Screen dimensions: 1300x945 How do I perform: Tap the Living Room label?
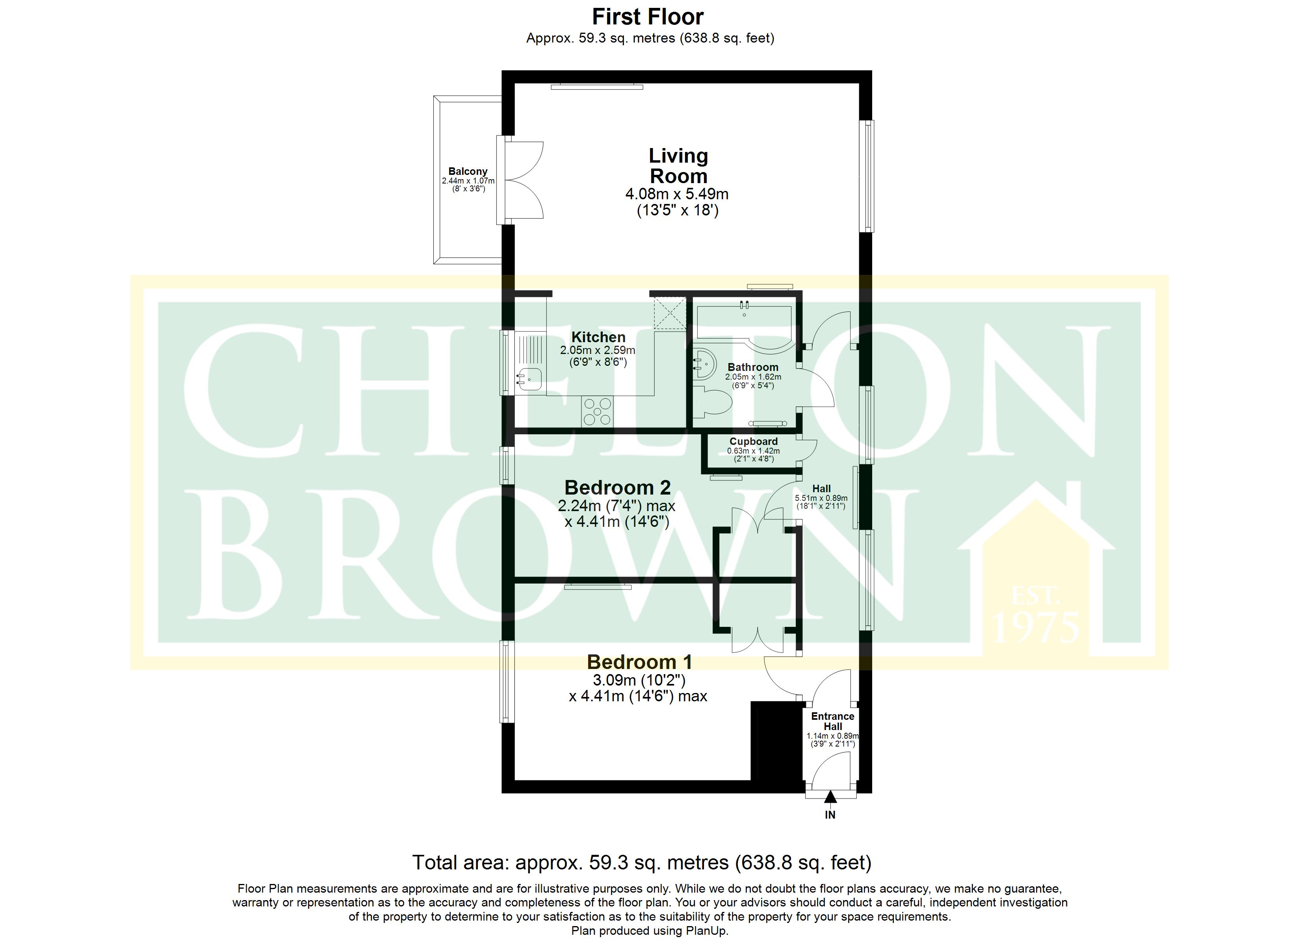point(678,166)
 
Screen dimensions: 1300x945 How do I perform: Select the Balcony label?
point(468,171)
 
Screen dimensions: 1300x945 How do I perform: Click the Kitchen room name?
point(598,337)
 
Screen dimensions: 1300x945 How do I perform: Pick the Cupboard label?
point(753,441)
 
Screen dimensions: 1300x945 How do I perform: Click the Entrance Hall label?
point(832,721)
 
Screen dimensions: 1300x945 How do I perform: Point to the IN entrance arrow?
point(830,797)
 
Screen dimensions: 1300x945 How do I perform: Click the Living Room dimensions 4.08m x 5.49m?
point(677,194)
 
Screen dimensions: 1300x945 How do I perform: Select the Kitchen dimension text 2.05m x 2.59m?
point(598,350)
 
